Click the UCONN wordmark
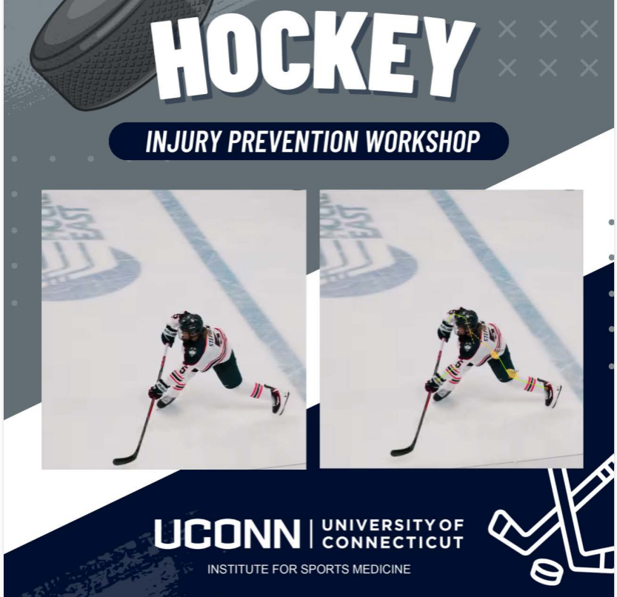click(x=227, y=534)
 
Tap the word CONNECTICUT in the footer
click(x=393, y=542)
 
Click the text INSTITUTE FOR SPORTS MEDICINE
click(x=309, y=570)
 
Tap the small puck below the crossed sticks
click(x=546, y=571)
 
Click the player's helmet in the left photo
click(x=190, y=323)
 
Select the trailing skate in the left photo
click(x=279, y=401)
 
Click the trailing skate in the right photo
click(x=552, y=393)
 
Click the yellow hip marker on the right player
click(x=495, y=354)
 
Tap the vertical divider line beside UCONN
click(x=312, y=533)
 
